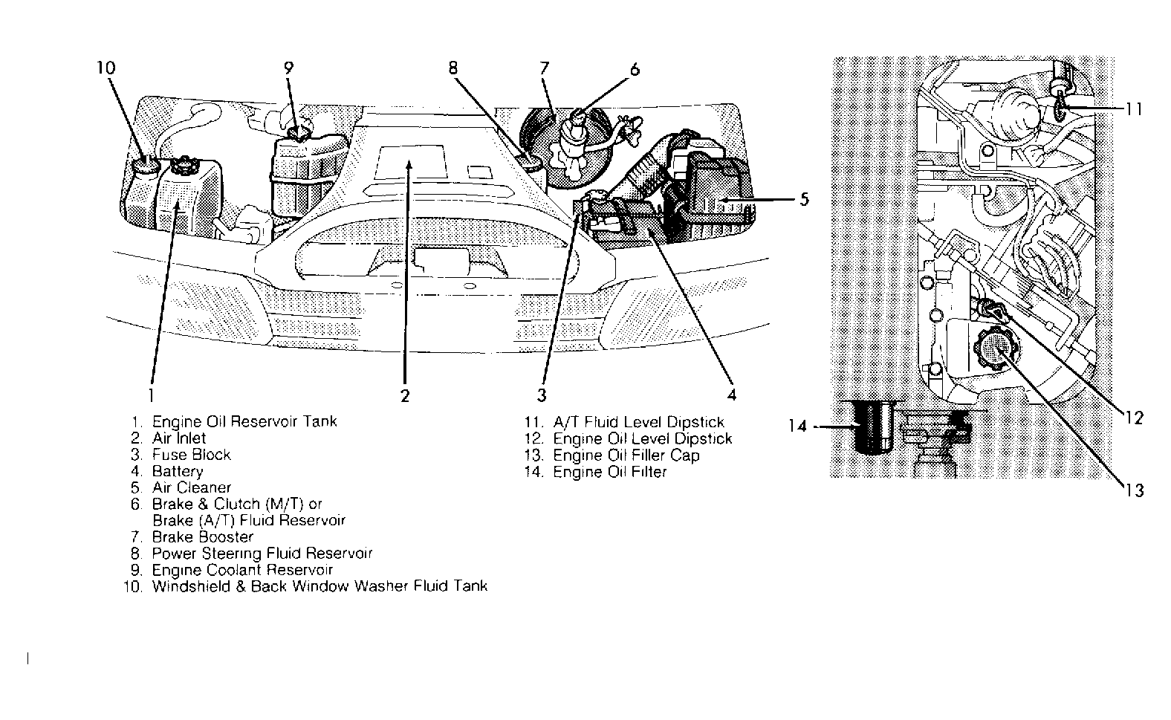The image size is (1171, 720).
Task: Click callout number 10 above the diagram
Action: click(106, 68)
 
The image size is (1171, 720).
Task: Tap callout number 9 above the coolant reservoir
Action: click(289, 68)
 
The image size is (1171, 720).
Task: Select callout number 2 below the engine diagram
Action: click(405, 395)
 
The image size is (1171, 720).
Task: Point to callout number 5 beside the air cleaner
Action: click(804, 199)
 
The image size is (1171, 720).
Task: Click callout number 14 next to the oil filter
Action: click(797, 427)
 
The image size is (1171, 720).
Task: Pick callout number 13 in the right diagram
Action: click(1135, 490)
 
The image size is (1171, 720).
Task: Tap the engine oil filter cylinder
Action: click(871, 427)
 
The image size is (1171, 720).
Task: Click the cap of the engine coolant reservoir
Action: click(299, 134)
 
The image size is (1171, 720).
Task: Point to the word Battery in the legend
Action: click(177, 471)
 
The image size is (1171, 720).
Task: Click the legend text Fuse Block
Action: click(191, 455)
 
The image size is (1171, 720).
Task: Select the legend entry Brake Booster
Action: click(202, 536)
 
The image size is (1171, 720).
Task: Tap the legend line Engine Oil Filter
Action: click(609, 472)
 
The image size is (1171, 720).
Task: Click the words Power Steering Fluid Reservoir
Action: click(262, 554)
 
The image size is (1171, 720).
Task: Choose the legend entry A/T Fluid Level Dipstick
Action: click(638, 423)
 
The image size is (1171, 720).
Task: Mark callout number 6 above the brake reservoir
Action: click(635, 70)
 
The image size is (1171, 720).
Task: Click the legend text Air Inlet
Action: click(179, 438)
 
